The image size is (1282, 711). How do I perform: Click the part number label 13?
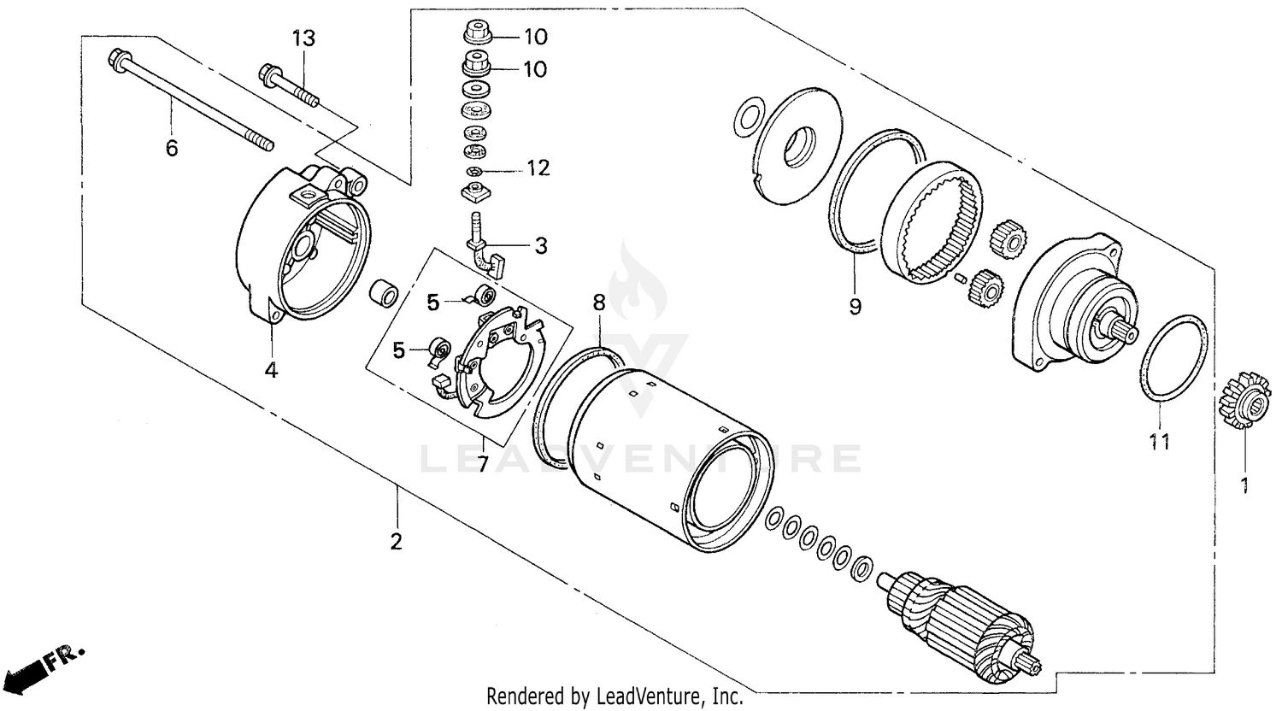pos(303,38)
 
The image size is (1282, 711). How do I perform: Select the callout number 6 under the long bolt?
pos(172,149)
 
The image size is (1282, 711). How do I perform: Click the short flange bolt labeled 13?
pos(287,86)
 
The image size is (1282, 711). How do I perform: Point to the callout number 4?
pos(271,370)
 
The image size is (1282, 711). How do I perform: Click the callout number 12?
pos(538,167)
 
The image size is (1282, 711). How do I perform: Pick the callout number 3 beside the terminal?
pos(540,246)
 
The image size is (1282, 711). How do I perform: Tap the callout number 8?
pos(598,302)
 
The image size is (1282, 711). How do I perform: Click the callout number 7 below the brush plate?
pos(482,464)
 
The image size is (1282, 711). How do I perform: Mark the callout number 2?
pos(396,542)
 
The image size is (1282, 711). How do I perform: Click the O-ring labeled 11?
pos(1175,358)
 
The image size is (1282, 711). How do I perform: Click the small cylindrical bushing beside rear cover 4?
pos(383,293)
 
